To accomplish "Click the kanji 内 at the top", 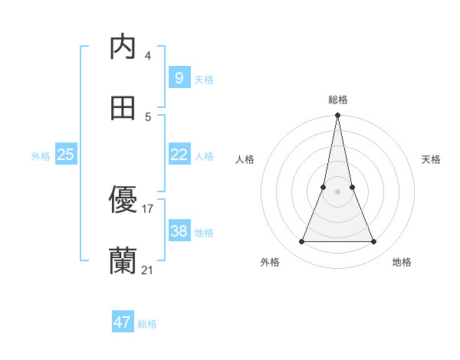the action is pyautogui.click(x=123, y=47).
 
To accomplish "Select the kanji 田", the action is pyautogui.click(x=123, y=108).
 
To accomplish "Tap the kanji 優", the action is pyautogui.click(x=123, y=200).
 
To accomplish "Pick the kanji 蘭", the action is pyautogui.click(x=123, y=261).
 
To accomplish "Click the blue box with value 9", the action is pyautogui.click(x=179, y=77).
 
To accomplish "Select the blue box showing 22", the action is pyautogui.click(x=179, y=155).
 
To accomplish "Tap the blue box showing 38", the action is pyautogui.click(x=179, y=231).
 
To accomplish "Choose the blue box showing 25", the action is pyautogui.click(x=65, y=155).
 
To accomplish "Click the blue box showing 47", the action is pyautogui.click(x=122, y=322).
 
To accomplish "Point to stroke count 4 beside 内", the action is pyautogui.click(x=147, y=56).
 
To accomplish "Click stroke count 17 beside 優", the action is pyautogui.click(x=148, y=208).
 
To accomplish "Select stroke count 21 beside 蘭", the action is pyautogui.click(x=148, y=270).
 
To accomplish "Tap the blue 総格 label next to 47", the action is pyautogui.click(x=147, y=324).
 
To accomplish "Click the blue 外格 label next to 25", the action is pyautogui.click(x=41, y=156).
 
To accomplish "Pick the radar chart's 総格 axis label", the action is pyautogui.click(x=337, y=100).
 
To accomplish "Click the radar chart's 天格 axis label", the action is pyautogui.click(x=431, y=159).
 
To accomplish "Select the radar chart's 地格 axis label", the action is pyautogui.click(x=402, y=262).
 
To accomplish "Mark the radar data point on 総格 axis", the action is pyautogui.click(x=337, y=116).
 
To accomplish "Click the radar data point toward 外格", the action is pyautogui.click(x=301, y=242).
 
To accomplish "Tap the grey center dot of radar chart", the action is pyautogui.click(x=337, y=191).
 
